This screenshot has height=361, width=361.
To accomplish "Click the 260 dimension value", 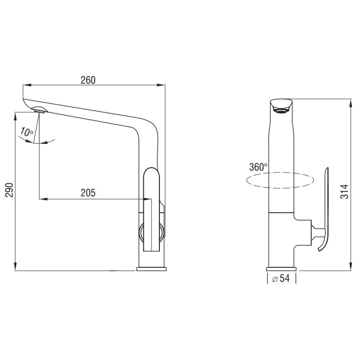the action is [x=88, y=80].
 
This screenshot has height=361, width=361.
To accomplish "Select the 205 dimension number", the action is [x=88, y=193].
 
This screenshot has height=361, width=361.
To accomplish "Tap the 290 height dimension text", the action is [x=9, y=190].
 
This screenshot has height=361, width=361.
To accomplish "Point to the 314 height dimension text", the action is [x=344, y=192].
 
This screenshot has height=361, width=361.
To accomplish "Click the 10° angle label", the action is [x=27, y=132].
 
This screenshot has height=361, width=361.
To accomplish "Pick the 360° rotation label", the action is [x=258, y=167].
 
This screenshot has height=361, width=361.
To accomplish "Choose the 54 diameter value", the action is [x=285, y=278].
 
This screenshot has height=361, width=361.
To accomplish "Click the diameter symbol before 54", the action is [x=275, y=279].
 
